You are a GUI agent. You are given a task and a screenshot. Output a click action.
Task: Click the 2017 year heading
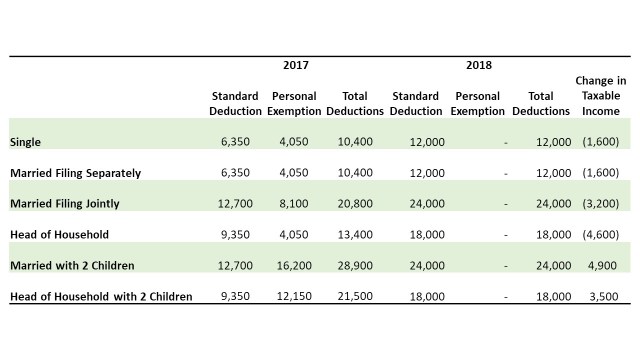click(296, 66)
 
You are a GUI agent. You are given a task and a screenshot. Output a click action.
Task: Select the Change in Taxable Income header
click(600, 95)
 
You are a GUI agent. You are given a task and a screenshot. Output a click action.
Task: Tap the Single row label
click(25, 142)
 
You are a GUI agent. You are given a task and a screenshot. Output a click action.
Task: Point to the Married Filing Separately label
click(75, 173)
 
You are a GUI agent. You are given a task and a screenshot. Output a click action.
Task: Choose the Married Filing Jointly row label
click(64, 204)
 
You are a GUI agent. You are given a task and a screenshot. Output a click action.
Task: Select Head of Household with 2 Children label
click(100, 297)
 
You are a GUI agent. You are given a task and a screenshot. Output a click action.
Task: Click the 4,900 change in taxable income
click(604, 266)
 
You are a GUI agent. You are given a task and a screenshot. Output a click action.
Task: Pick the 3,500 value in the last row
click(604, 297)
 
